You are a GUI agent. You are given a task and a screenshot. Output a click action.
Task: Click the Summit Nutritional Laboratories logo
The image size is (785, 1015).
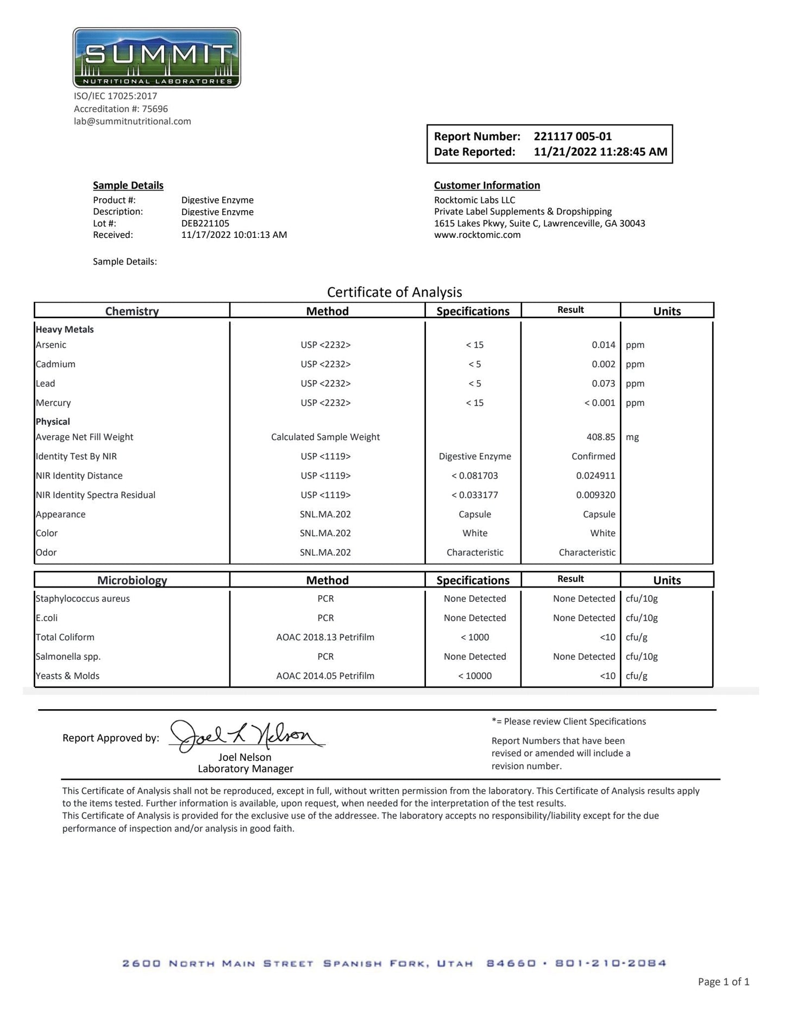pyautogui.click(x=156, y=58)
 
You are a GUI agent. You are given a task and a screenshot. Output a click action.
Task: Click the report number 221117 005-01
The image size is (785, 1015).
pyautogui.click(x=573, y=136)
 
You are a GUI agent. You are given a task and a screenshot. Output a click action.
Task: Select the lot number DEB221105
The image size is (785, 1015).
pyautogui.click(x=205, y=223)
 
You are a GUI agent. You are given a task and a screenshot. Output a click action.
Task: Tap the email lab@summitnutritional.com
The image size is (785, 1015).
pyautogui.click(x=133, y=121)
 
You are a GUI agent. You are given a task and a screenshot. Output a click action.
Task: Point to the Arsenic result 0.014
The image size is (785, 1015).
pyautogui.click(x=604, y=345)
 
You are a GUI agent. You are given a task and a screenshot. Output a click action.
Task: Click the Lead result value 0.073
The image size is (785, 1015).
pyautogui.click(x=604, y=383)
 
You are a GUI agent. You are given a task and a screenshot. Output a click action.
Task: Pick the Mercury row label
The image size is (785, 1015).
pyautogui.click(x=53, y=403)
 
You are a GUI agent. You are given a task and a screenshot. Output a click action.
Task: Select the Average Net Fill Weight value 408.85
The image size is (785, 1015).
pyautogui.click(x=601, y=437)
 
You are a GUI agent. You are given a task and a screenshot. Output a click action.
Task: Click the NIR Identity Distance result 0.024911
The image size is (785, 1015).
pyautogui.click(x=595, y=476)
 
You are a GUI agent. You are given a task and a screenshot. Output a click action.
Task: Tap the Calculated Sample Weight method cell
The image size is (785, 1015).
pyautogui.click(x=325, y=437)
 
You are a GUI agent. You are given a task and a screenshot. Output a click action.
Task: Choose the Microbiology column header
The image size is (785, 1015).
pyautogui.click(x=132, y=580)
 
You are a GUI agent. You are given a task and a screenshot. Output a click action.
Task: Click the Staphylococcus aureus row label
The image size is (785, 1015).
pyautogui.click(x=83, y=598)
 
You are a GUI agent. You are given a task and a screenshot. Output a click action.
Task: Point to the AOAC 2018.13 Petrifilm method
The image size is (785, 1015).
pyautogui.click(x=325, y=637)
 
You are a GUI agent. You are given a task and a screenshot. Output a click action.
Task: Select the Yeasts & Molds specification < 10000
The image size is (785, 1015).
pyautogui.click(x=475, y=676)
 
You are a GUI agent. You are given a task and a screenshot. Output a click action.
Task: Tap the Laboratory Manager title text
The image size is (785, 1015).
pyautogui.click(x=246, y=769)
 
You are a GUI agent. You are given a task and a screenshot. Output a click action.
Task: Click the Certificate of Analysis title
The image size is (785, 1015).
pyautogui.click(x=394, y=292)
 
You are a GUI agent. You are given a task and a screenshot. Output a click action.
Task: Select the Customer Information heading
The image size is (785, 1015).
pyautogui.click(x=487, y=185)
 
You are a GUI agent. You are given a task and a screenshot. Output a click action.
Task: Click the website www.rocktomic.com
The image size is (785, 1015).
pyautogui.click(x=477, y=235)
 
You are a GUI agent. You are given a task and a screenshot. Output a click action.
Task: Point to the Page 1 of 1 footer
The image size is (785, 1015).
pyautogui.click(x=724, y=982)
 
